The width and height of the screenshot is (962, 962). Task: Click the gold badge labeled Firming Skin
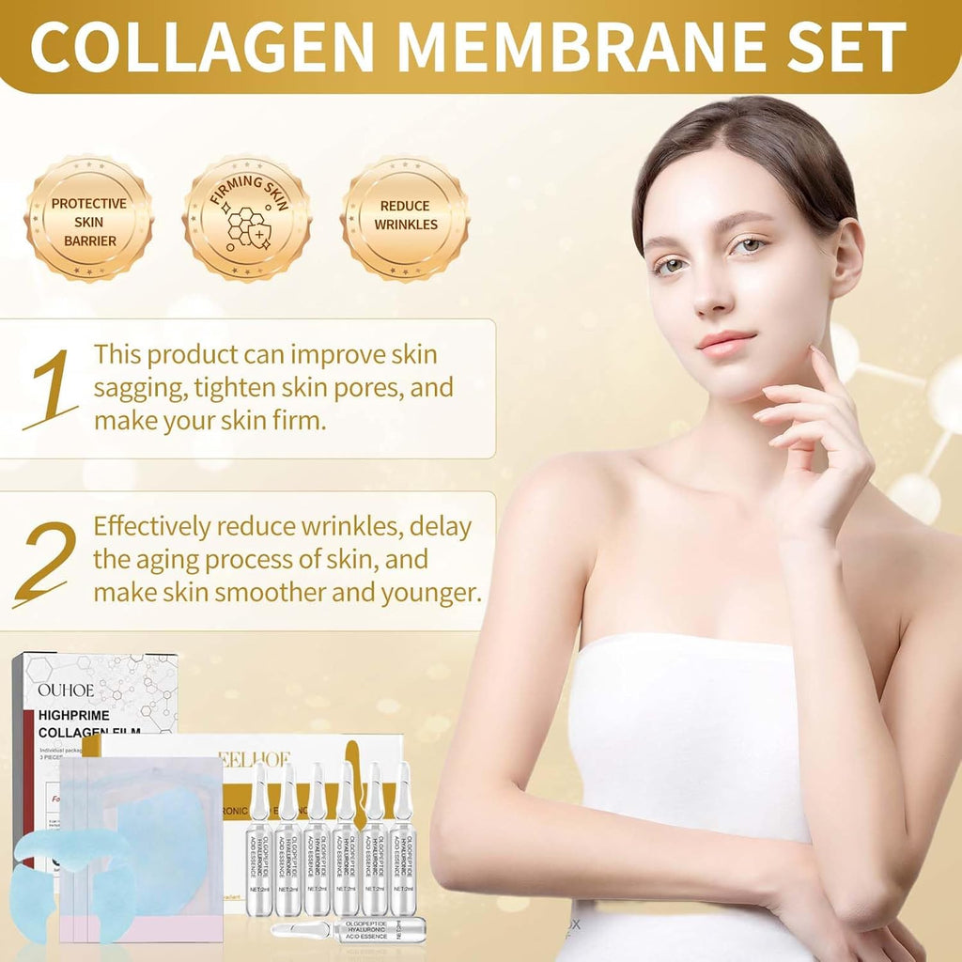pyautogui.click(x=247, y=220)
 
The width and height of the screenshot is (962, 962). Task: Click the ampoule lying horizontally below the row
pyautogui.click(x=348, y=929)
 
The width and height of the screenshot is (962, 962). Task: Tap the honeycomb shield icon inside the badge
pyautogui.click(x=247, y=229)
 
